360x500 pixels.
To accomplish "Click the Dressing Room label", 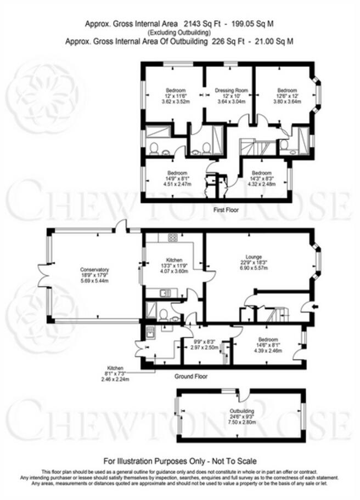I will click(229, 90).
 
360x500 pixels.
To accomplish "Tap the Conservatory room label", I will click(94, 269).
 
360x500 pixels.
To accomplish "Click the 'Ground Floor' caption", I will click(191, 376).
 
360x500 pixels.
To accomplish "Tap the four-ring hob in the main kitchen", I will click(172, 237).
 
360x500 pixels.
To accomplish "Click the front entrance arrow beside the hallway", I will click(313, 307).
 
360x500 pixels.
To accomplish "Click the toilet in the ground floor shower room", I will click(162, 314).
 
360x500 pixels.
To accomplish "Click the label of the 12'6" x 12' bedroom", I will click(287, 90).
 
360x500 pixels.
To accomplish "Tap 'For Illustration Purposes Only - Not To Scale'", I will click(180, 461).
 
